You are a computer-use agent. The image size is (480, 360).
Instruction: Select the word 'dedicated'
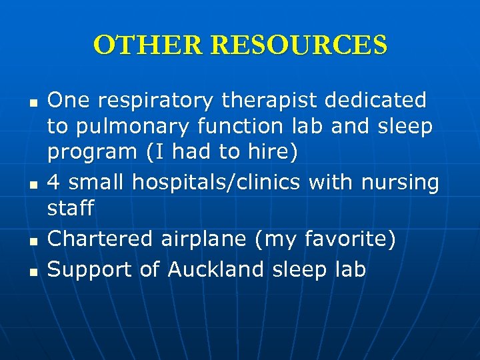pyautogui.click(x=375, y=100)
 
